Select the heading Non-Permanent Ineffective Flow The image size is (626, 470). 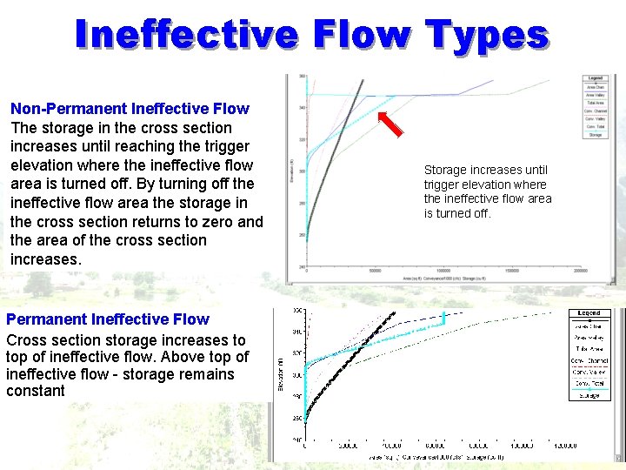130,109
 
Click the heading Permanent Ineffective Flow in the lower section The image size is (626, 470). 108,319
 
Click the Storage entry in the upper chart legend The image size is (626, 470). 595,135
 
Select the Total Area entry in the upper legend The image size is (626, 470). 595,104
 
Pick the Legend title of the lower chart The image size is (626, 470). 589,313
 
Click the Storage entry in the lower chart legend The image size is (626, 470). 589,395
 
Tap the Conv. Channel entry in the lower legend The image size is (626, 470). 589,360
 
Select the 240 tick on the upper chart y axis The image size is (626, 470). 301,266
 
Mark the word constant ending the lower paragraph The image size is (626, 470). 36,392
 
